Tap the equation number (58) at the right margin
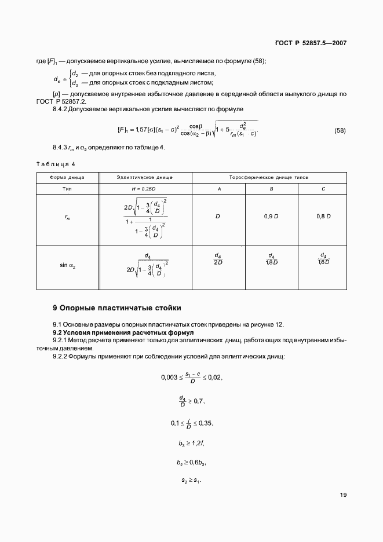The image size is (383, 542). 340,130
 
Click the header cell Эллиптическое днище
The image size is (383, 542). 145,177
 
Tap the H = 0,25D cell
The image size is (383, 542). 145,189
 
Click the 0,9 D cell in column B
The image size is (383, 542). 271,216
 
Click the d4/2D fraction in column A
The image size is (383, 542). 218,258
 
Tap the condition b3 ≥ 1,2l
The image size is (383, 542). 191,443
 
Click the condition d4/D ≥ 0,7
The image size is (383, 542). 191,400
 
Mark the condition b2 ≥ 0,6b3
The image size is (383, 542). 191,462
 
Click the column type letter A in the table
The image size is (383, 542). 218,189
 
